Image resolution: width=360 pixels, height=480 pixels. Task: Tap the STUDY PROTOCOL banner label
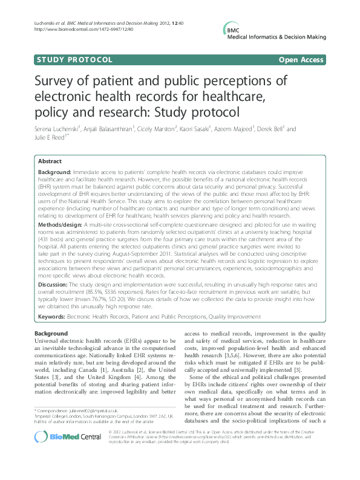74,60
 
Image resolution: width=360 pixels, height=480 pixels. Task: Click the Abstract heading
50,161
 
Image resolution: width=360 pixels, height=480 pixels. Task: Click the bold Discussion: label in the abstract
55,285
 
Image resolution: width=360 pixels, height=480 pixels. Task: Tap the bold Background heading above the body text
51,334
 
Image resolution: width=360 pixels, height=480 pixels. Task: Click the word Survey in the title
59,82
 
